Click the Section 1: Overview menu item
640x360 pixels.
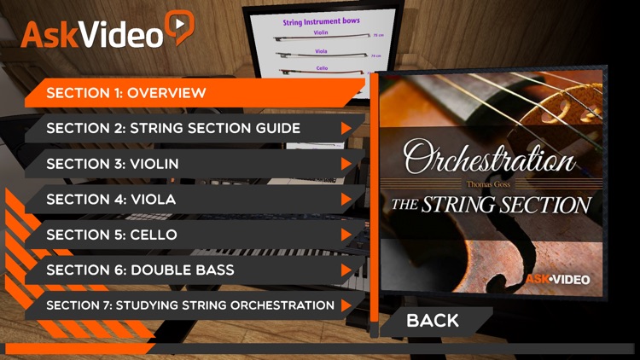coord(126,92)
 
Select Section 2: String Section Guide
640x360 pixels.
coord(173,128)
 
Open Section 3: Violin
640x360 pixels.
coord(113,163)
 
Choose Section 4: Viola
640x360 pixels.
coord(111,199)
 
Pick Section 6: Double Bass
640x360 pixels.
coord(140,270)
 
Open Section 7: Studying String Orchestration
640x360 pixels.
coord(189,305)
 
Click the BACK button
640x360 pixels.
coord(433,321)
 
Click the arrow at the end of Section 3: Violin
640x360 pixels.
coord(346,164)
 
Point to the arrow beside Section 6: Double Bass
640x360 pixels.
coord(346,270)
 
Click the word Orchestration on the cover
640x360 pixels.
coord(490,160)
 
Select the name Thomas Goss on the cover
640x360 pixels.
coord(490,183)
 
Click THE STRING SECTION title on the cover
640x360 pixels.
coord(490,205)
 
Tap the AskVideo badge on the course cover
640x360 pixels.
coord(557,278)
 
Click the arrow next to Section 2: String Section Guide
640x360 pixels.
coord(346,128)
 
